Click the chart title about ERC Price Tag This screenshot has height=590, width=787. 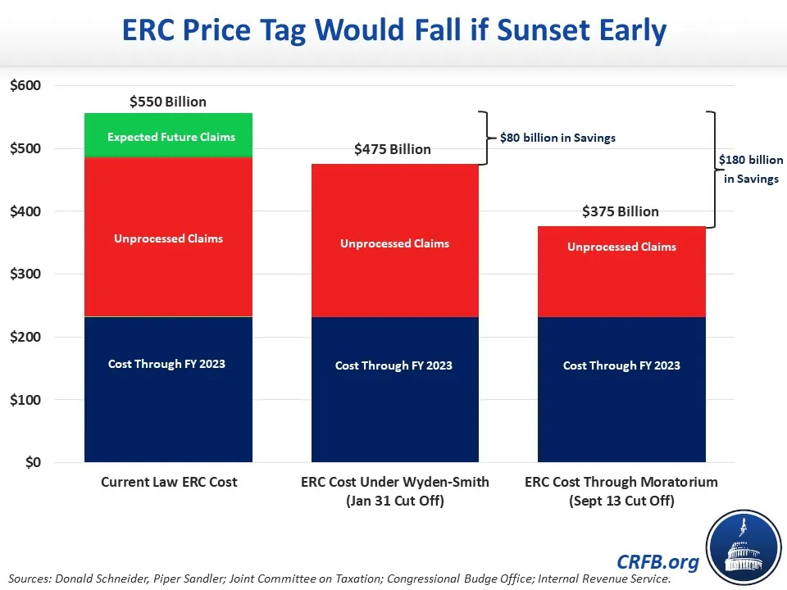point(393,30)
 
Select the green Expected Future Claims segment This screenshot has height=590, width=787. point(169,135)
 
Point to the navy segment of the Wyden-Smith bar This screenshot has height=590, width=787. point(394,389)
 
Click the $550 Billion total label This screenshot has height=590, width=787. point(168,102)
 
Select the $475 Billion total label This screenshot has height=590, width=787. point(393,149)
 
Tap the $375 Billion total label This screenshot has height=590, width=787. point(621,211)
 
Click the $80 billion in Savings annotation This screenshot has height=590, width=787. point(557,138)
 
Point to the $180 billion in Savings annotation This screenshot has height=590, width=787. point(751,169)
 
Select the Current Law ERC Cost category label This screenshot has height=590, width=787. point(169,482)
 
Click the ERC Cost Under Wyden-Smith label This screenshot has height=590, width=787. point(394,491)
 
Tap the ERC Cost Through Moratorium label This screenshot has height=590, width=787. point(621,491)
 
